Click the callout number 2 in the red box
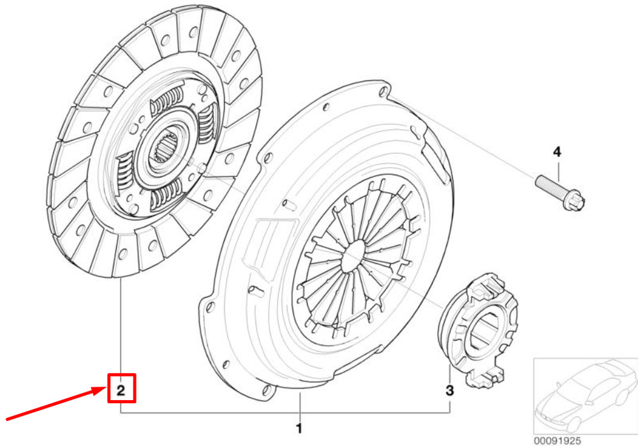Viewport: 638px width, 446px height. (x=121, y=390)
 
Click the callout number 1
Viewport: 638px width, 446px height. (x=299, y=428)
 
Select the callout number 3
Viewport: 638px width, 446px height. (x=449, y=390)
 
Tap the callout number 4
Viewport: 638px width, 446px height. (x=557, y=152)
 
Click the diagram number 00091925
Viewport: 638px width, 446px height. (x=557, y=441)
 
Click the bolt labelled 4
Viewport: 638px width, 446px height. (x=560, y=193)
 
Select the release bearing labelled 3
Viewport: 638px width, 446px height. (x=478, y=331)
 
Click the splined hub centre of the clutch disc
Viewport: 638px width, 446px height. (x=165, y=148)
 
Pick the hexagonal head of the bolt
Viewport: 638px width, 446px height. (x=575, y=201)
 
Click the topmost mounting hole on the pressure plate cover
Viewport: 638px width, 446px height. (x=383, y=91)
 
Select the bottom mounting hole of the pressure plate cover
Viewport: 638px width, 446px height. (x=266, y=390)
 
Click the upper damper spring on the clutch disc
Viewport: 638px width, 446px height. (x=167, y=101)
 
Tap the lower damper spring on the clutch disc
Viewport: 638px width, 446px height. (x=166, y=197)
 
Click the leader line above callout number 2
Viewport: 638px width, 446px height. (x=121, y=326)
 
